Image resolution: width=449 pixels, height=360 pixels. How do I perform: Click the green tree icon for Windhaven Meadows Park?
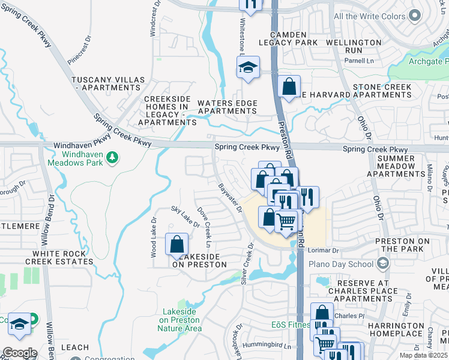coord(111,157)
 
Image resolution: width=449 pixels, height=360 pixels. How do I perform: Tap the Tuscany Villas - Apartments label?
coord(108,83)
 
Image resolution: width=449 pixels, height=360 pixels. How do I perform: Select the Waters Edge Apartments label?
coord(228,107)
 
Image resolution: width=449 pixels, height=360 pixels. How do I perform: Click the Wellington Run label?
coord(354,47)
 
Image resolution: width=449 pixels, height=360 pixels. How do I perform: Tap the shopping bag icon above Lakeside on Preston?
coord(176,244)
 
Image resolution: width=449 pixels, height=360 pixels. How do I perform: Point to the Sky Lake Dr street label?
coord(184,217)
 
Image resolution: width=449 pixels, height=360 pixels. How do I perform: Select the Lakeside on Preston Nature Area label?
coord(180,320)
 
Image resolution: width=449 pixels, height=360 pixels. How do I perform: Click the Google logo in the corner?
coord(19,353)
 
